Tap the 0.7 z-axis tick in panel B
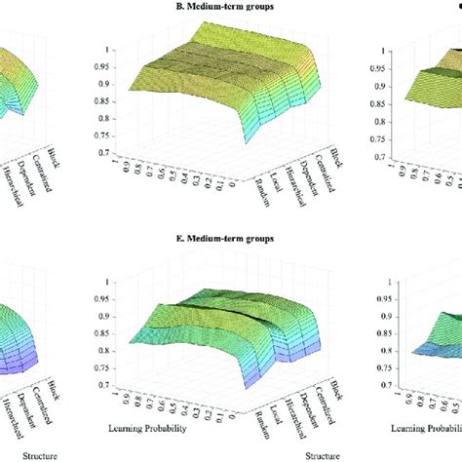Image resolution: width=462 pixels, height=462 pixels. (97, 152)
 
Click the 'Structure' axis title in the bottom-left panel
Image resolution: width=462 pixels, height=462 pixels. (21, 453)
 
